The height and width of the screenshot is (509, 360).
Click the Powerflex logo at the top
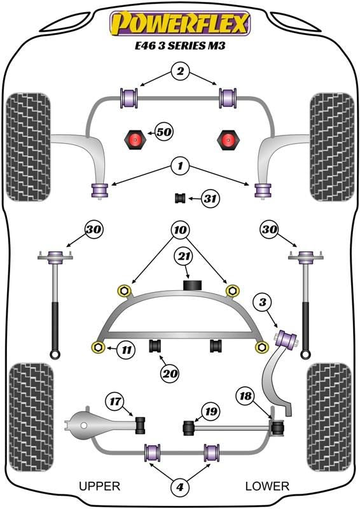[x=180, y=23]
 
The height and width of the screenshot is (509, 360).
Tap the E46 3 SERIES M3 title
[x=180, y=45]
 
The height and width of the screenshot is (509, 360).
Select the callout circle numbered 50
[x=164, y=132]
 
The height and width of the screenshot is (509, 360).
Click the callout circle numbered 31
[x=210, y=198]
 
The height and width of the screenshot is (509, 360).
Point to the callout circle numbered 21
[x=184, y=257]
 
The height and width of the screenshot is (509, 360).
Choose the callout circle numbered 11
[x=127, y=350]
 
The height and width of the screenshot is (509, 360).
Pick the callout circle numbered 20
[x=169, y=373]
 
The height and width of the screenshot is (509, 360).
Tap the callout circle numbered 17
[x=115, y=401]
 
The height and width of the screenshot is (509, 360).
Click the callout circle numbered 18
[x=246, y=396]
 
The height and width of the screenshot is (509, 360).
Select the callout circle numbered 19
[x=211, y=412]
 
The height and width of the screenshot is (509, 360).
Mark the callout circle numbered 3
[x=263, y=303]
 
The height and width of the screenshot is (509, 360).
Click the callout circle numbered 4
[x=179, y=487]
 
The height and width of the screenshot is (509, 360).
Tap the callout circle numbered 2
[x=180, y=71]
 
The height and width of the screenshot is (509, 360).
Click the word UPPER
[x=100, y=486]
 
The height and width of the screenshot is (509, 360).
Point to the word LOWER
[x=267, y=486]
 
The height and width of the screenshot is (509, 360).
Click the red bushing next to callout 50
[x=134, y=140]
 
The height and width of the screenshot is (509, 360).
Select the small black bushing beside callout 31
[x=180, y=198]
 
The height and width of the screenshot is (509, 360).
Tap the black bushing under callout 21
[x=193, y=284]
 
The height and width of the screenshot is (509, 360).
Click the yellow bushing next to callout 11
[x=98, y=347]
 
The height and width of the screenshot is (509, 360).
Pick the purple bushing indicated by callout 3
[x=286, y=338]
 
